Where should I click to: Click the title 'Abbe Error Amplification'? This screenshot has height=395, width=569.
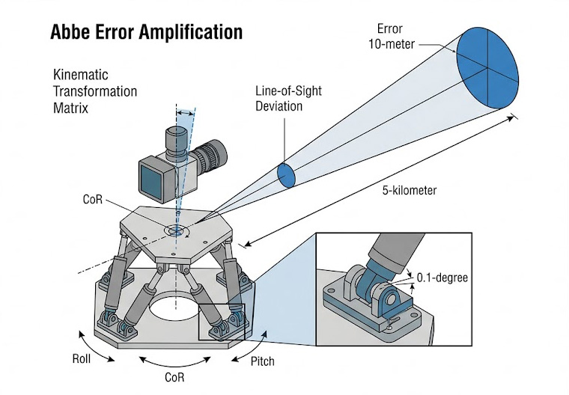click(x=146, y=32)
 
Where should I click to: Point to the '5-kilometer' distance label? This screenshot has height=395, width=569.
click(x=408, y=190)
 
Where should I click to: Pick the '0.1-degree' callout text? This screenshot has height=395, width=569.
click(x=443, y=278)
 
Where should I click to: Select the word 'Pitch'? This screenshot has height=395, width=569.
click(x=261, y=361)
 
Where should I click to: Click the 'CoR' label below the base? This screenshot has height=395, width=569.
click(x=174, y=377)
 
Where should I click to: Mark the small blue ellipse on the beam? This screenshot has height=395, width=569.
click(x=286, y=174)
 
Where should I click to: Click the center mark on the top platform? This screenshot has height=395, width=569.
click(x=177, y=231)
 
